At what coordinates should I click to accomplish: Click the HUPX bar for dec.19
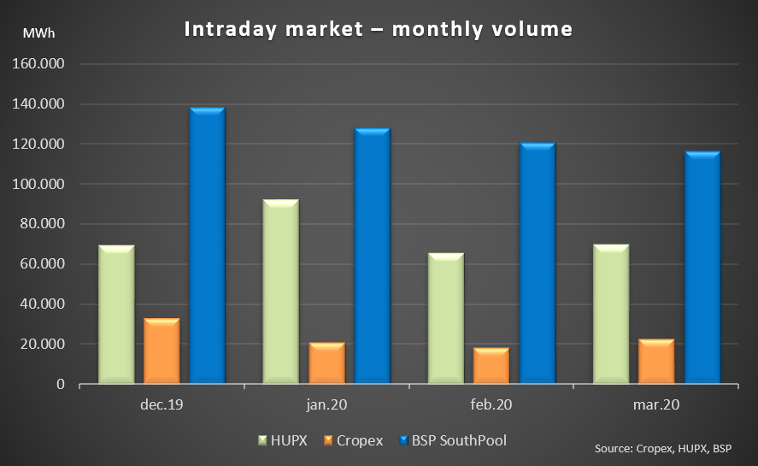click(116, 314)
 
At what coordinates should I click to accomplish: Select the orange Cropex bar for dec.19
click(162, 351)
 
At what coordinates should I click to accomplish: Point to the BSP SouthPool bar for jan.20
click(372, 256)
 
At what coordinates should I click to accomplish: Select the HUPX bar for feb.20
click(446, 318)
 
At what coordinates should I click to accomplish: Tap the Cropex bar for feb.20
click(491, 365)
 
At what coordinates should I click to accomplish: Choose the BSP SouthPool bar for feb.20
click(537, 262)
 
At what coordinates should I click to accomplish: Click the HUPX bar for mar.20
click(611, 314)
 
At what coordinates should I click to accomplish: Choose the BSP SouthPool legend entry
click(457, 439)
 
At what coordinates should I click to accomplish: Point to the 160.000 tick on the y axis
click(42, 65)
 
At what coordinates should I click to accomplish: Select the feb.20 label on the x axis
click(491, 403)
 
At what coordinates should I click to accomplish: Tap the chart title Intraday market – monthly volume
click(379, 29)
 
